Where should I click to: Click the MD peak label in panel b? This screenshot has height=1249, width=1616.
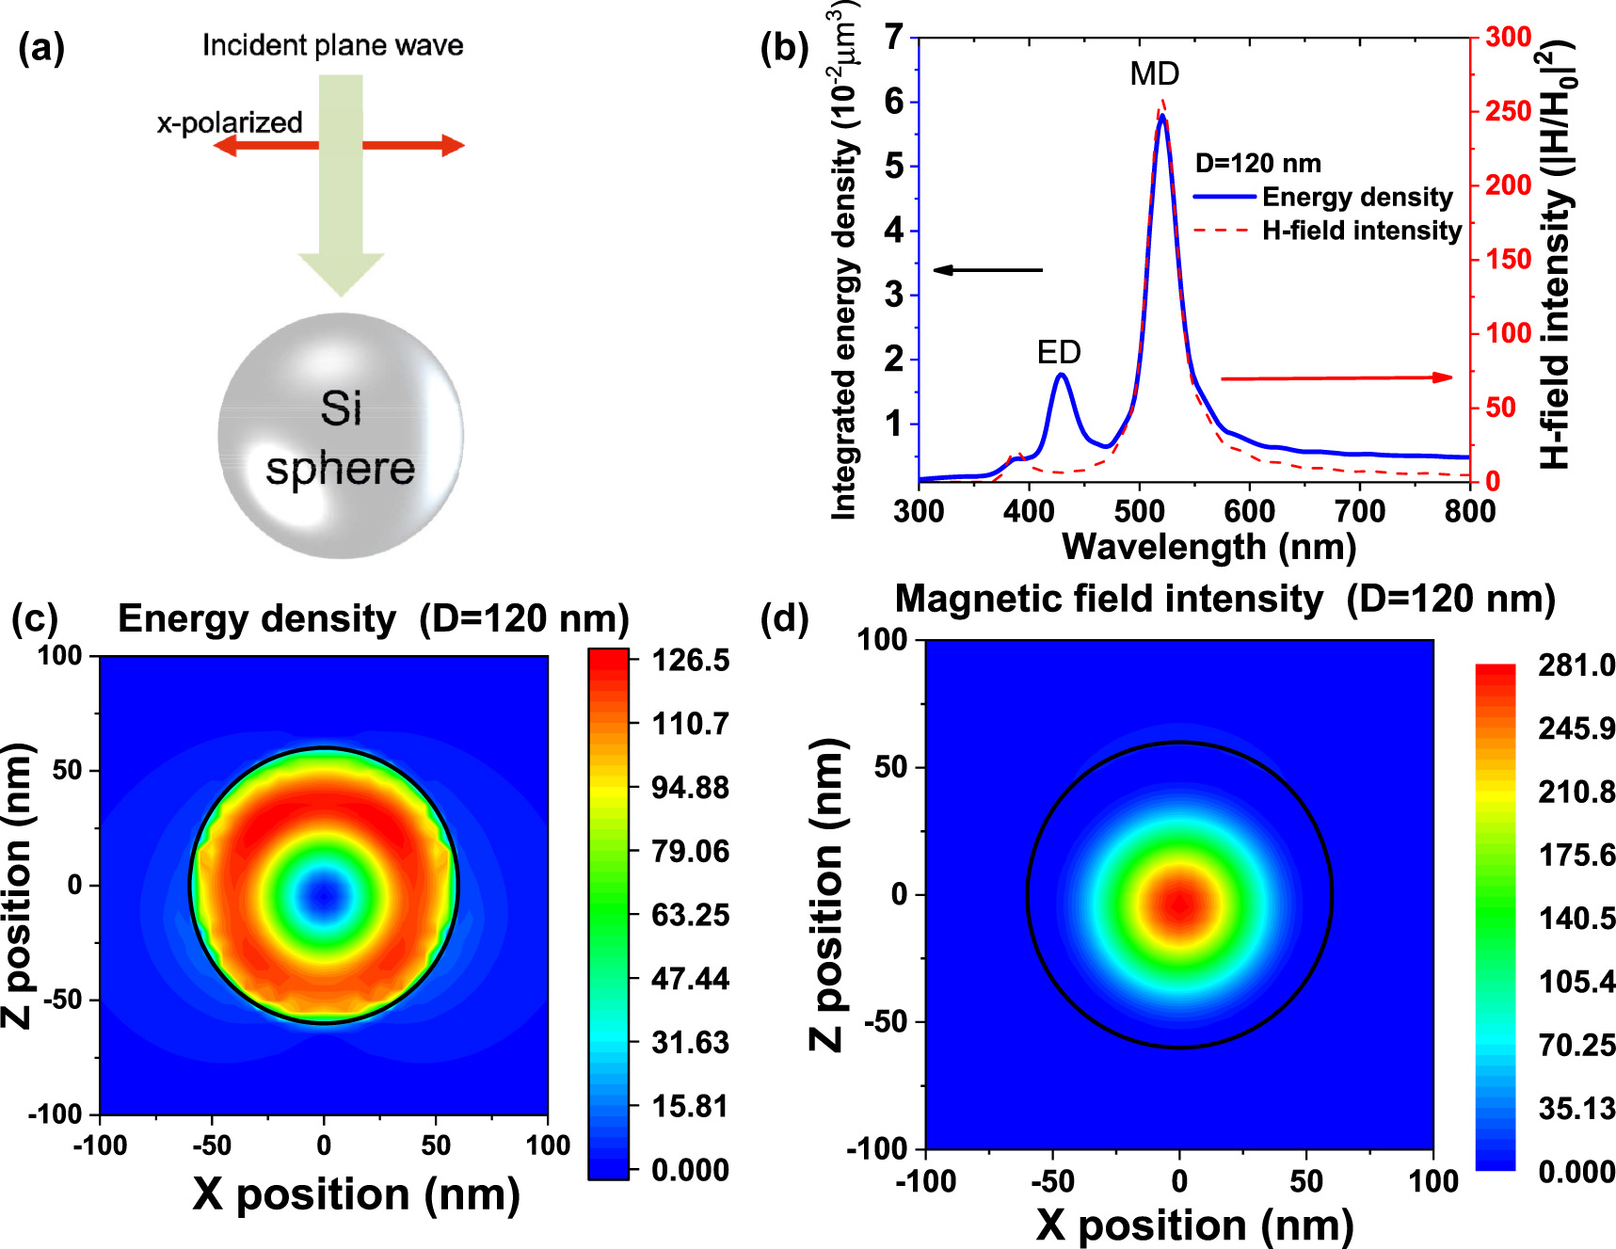(x=1154, y=73)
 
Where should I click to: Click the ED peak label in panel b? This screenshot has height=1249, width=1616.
(x=1058, y=352)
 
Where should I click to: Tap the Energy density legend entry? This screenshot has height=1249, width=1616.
(x=1356, y=197)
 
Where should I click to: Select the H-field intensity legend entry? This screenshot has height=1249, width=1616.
(x=1361, y=231)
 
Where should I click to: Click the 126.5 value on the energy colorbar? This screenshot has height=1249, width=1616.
(x=690, y=660)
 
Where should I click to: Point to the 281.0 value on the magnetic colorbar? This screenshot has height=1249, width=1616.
(x=1576, y=665)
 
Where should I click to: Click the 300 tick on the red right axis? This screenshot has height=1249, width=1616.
(x=1509, y=37)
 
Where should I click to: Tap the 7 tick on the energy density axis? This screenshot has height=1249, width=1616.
(x=893, y=38)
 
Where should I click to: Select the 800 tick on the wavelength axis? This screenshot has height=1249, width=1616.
(x=1469, y=511)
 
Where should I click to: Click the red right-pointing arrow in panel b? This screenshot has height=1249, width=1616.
(x=1336, y=377)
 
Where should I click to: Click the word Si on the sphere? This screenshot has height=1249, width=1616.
(x=340, y=408)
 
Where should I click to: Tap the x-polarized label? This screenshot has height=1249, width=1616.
(x=230, y=122)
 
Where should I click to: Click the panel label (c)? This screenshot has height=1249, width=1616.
(x=35, y=618)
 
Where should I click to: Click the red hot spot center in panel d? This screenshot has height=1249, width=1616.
(x=1179, y=905)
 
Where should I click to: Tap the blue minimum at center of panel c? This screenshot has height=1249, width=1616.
(x=324, y=894)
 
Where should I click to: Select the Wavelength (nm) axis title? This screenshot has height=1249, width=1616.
(x=1208, y=547)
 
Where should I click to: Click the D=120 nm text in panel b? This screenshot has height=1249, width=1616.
(x=1257, y=163)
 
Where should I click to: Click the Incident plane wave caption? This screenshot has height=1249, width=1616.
(x=332, y=45)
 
